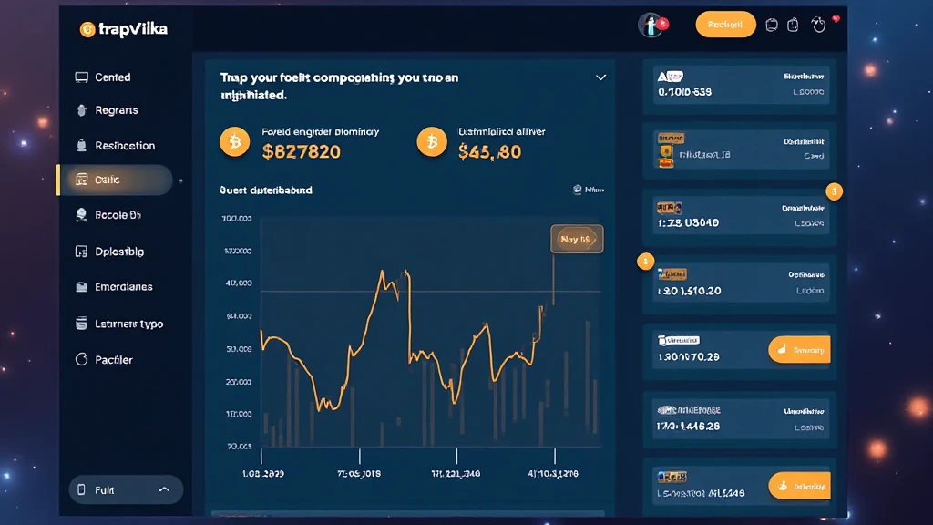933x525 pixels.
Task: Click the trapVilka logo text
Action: click(x=133, y=29)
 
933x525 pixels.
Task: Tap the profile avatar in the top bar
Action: click(x=651, y=25)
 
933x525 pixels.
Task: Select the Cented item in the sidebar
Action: click(x=112, y=77)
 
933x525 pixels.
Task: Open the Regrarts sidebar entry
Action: click(x=116, y=110)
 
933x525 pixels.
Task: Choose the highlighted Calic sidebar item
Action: click(x=107, y=180)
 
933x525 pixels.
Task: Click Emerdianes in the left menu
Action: click(x=123, y=287)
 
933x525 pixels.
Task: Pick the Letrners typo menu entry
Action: click(x=128, y=324)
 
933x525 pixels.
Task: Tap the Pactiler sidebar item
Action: click(x=114, y=360)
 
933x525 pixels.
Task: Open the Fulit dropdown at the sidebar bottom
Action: click(x=126, y=490)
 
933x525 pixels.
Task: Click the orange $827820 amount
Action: click(x=301, y=152)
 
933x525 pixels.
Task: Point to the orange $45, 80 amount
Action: click(x=489, y=152)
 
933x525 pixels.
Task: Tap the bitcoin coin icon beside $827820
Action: click(x=234, y=141)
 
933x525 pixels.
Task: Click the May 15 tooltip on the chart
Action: click(x=576, y=239)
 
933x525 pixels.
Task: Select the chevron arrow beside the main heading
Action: click(x=600, y=78)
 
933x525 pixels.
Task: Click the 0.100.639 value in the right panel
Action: click(x=684, y=92)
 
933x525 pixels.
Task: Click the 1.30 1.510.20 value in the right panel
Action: click(x=689, y=291)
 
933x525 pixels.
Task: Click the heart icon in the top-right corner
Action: click(x=818, y=25)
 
